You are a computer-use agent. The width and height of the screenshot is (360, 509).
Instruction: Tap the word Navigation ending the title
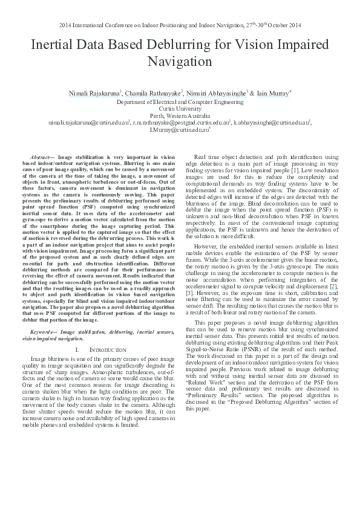coord(180,62)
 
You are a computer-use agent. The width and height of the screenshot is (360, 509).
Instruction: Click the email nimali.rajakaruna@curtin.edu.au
coord(89,122)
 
